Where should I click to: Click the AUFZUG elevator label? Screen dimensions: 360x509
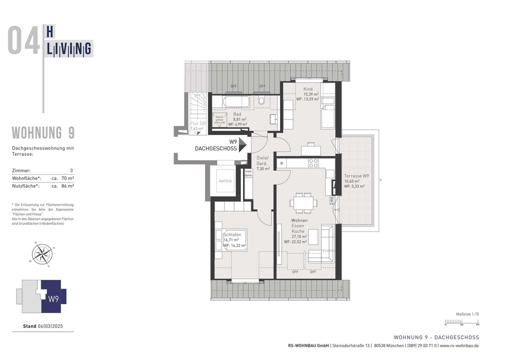click(x=225, y=181)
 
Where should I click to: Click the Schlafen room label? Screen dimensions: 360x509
click(x=232, y=234)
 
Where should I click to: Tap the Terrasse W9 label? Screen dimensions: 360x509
click(x=356, y=176)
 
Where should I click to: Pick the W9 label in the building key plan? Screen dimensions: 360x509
click(x=53, y=299)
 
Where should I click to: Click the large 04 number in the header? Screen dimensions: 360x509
click(x=24, y=41)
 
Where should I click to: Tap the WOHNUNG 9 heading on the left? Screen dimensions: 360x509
click(x=43, y=133)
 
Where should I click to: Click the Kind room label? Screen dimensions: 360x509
click(x=308, y=89)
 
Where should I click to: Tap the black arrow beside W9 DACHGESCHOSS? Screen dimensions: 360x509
click(x=243, y=145)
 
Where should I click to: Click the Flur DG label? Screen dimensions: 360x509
click(x=197, y=123)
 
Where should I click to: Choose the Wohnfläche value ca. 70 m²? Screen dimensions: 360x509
click(x=63, y=178)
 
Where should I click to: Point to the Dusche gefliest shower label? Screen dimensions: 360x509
click(x=219, y=119)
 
